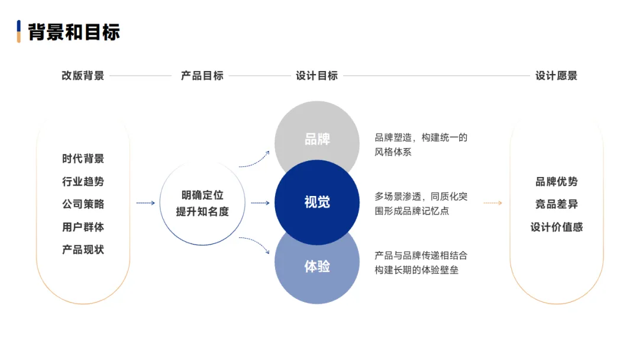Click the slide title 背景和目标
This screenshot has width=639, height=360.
pos(74,31)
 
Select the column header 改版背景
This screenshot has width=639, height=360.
pos(83,76)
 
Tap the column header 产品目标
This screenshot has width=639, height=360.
pos(202,76)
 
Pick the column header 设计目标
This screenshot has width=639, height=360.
pos(317,76)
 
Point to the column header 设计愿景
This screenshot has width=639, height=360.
pos(556,76)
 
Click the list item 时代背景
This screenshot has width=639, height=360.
pos(83,159)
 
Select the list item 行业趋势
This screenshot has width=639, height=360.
pos(83,181)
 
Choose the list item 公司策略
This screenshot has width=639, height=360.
pos(83,204)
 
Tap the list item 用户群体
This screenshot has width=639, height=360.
pos(83,227)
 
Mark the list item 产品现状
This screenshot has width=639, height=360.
pos(83,250)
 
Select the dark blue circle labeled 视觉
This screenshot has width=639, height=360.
pos(317,202)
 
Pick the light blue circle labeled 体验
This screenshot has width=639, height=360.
pos(317,269)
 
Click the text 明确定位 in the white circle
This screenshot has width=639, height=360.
pos(202,195)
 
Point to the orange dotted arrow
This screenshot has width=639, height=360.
pos(492,203)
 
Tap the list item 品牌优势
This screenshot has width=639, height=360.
pos(556,182)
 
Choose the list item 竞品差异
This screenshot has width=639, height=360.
pos(556,204)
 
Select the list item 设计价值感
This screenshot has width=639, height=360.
pos(556,227)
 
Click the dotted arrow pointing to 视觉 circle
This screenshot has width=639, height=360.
pos(260,203)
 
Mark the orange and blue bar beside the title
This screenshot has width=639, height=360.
pos(19,31)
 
